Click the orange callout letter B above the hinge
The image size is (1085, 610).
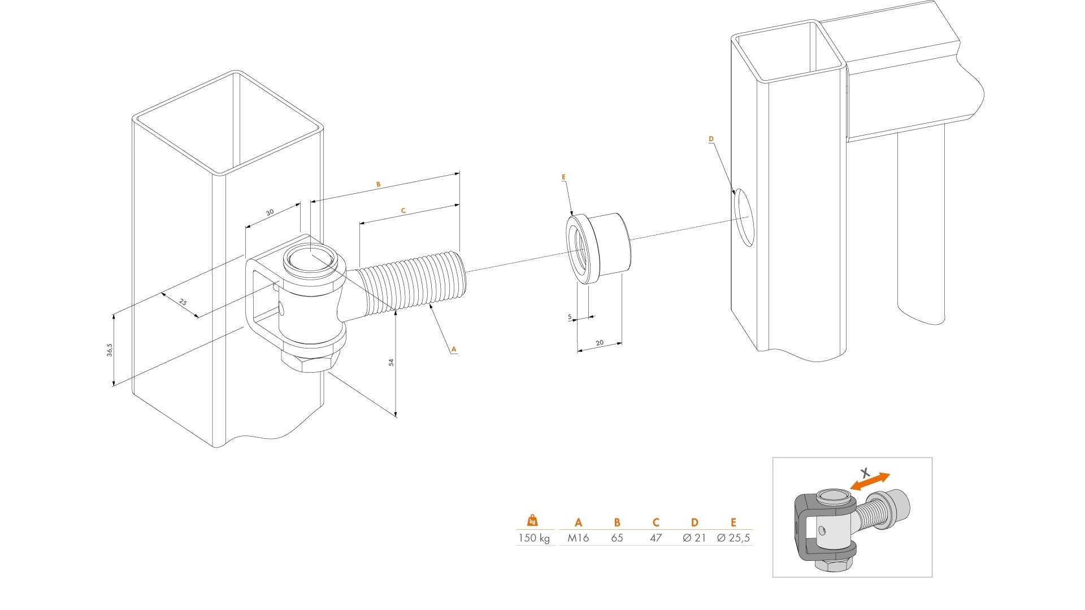(379, 185)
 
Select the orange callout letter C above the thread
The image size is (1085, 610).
(403, 211)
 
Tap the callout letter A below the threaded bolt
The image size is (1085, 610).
(453, 350)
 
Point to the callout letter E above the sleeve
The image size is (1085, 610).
(563, 177)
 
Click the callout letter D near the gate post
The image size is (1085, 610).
(711, 139)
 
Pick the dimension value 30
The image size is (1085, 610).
(270, 212)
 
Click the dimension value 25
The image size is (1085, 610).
(183, 302)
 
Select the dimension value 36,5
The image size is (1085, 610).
(110, 350)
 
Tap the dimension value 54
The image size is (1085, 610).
(390, 362)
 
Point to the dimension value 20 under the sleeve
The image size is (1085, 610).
(600, 343)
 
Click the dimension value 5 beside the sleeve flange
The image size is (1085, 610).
(570, 317)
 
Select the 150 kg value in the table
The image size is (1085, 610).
(533, 538)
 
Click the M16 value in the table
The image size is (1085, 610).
(578, 538)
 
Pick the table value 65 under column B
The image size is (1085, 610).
(617, 538)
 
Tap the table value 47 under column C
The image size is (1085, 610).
(656, 538)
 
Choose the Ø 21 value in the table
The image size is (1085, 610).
(695, 538)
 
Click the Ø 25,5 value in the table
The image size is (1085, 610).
(734, 538)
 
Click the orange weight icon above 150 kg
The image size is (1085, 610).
(532, 520)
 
